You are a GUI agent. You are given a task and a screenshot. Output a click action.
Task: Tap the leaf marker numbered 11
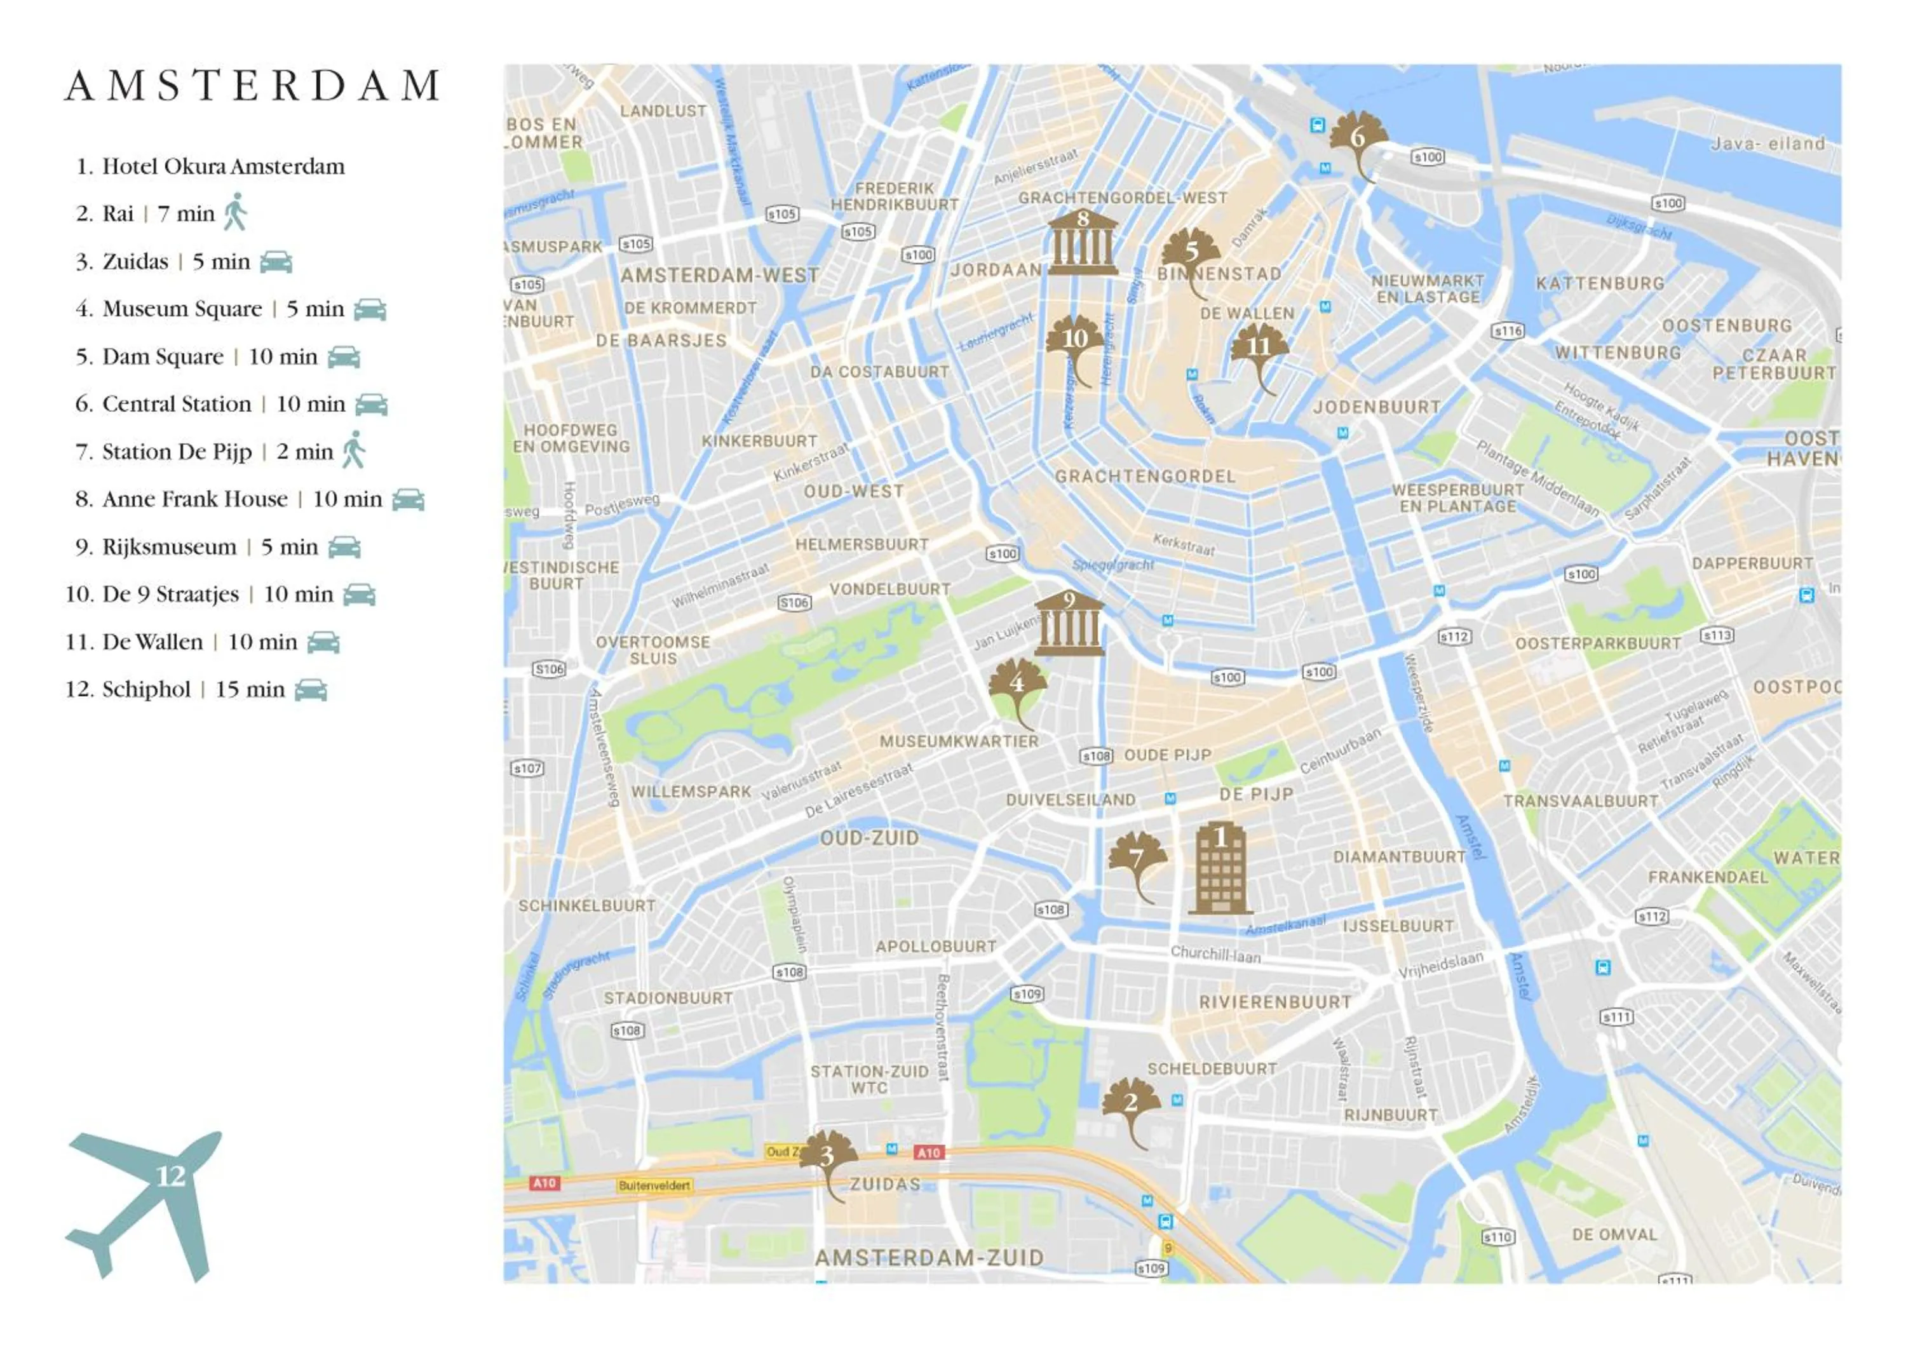click(x=1259, y=349)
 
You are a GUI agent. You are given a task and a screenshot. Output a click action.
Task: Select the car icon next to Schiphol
click(x=311, y=690)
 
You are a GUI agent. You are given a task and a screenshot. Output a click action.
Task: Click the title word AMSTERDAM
click(x=252, y=86)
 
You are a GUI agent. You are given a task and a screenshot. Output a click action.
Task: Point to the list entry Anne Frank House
click(x=194, y=499)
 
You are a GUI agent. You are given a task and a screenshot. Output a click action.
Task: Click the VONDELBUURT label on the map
click(x=890, y=590)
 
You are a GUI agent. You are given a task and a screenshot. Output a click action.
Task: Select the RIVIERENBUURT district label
click(x=1275, y=1002)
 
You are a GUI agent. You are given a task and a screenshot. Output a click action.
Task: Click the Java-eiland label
click(x=1767, y=144)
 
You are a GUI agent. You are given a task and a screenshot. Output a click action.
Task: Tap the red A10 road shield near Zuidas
click(x=928, y=1152)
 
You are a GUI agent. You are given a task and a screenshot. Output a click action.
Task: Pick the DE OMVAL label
click(x=1614, y=1234)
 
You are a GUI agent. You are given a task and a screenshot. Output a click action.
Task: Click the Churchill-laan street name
click(x=1215, y=955)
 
